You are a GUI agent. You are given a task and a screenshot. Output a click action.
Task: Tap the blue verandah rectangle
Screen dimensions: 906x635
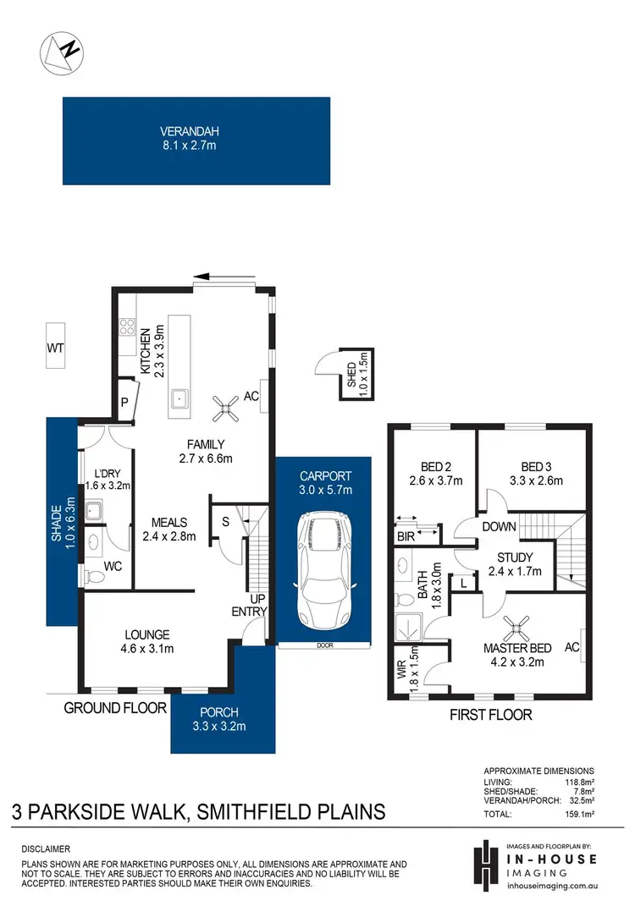[196, 140]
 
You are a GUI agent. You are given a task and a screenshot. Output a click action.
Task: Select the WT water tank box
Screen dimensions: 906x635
[56, 345]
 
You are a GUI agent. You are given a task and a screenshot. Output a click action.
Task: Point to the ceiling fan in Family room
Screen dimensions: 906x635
[226, 410]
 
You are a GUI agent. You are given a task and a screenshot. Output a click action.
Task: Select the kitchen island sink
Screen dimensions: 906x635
[179, 398]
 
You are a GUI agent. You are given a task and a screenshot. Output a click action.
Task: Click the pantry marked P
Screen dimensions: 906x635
[124, 404]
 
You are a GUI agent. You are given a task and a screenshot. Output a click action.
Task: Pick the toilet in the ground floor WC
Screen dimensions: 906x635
[94, 575]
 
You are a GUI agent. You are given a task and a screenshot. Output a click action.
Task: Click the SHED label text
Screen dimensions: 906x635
[351, 373]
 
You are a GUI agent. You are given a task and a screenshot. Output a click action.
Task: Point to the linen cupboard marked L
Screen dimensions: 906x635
[464, 583]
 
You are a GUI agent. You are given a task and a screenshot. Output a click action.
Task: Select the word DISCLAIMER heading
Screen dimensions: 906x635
[46, 848]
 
